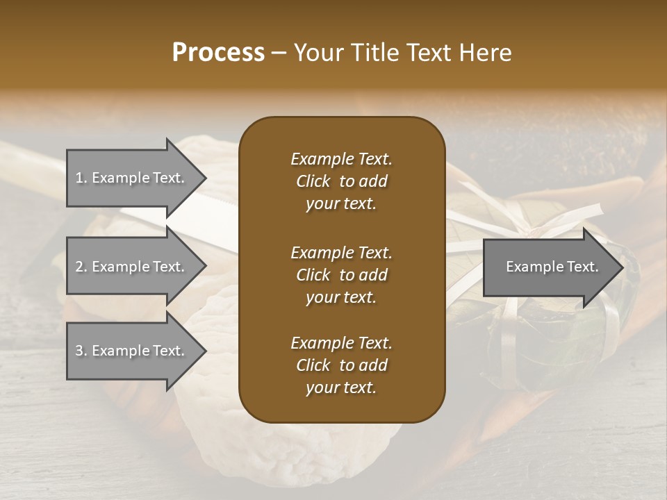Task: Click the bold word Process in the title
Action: tap(218, 53)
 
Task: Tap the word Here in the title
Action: tap(486, 53)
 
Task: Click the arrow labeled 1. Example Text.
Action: tap(132, 178)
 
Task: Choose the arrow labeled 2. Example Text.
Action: tap(132, 267)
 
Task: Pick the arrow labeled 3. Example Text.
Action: tap(132, 351)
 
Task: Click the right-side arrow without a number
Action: tap(549, 267)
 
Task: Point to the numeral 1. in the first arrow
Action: tap(81, 178)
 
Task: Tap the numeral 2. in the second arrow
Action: tap(81, 267)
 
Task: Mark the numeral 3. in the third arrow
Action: tap(81, 351)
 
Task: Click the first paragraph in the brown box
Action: tap(341, 181)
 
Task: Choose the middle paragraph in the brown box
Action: tap(341, 274)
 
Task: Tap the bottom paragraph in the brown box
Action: tap(341, 365)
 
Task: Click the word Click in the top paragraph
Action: tap(313, 181)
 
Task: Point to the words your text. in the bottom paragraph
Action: tap(341, 387)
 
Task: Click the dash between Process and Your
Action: tap(279, 53)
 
